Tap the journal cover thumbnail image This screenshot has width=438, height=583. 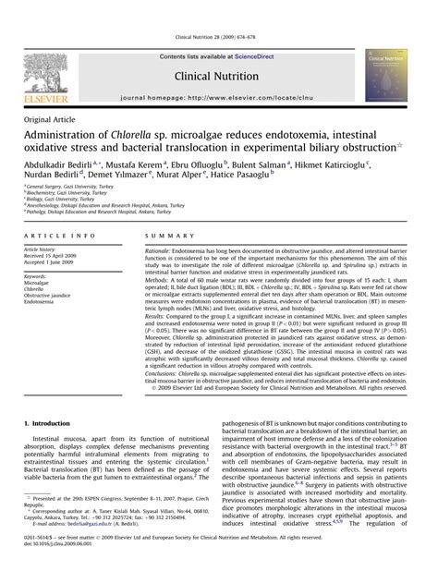(386, 75)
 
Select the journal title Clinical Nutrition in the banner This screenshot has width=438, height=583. (219, 78)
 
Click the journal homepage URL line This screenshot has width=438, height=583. (219, 97)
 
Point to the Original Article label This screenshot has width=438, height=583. (52, 120)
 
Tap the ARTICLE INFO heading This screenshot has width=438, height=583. (54, 237)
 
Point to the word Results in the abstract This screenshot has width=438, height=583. (158, 315)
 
